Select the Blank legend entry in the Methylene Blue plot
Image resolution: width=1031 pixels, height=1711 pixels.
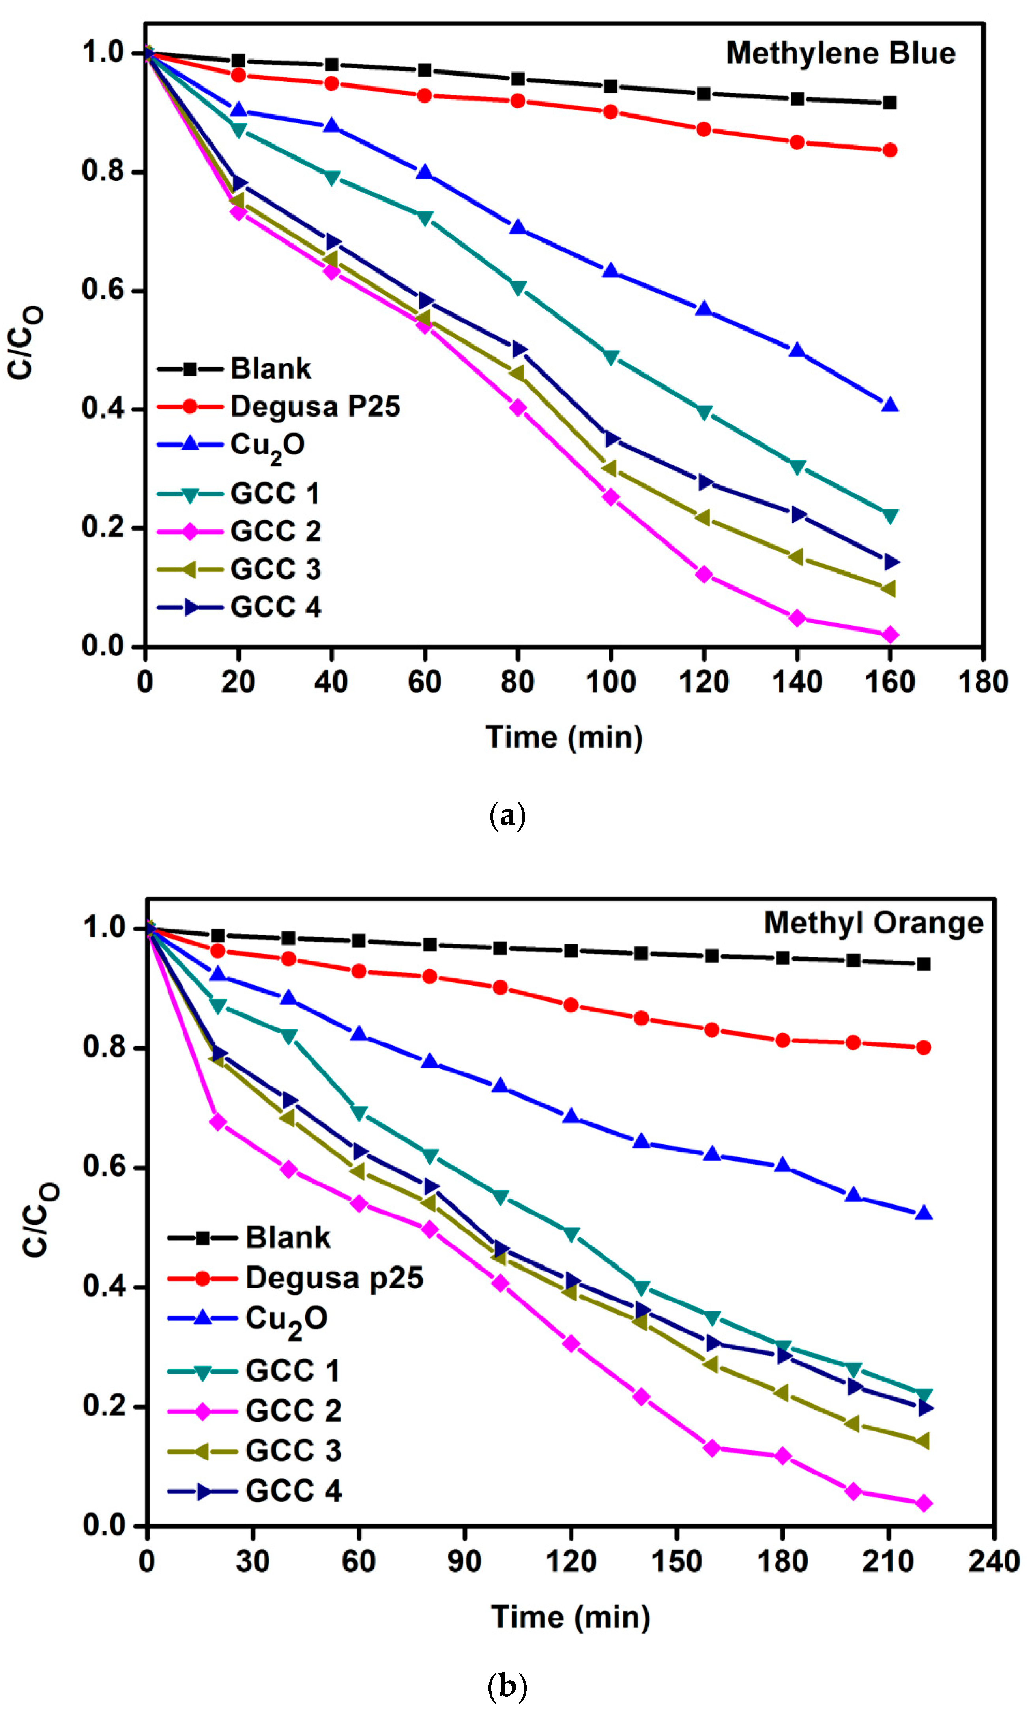coord(270,369)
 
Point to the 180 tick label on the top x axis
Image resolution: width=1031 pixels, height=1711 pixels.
coord(982,682)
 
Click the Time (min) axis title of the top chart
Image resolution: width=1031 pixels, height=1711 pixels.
coord(564,737)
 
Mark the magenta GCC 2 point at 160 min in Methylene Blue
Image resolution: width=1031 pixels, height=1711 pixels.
coord(889,635)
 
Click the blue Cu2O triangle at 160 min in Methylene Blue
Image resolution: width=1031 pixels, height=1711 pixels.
coord(889,405)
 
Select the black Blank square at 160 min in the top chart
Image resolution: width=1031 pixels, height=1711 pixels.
coord(889,103)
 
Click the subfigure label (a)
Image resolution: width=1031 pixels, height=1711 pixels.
coord(507,815)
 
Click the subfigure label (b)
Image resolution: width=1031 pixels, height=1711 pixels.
coord(507,1685)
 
